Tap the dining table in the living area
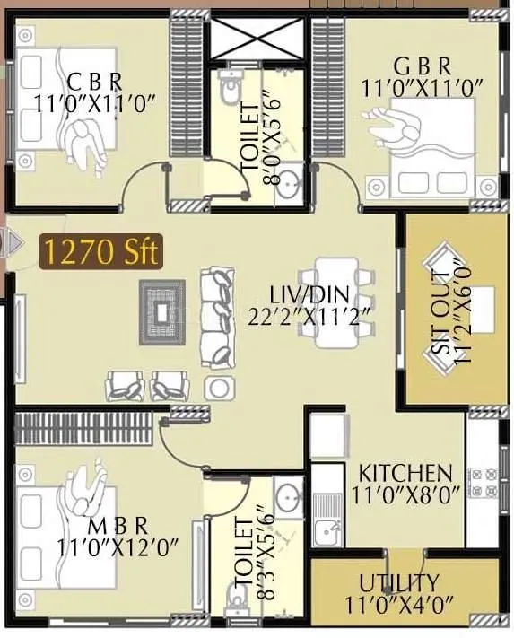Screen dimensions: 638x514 click(x=336, y=302)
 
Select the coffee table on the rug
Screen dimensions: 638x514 click(x=162, y=311)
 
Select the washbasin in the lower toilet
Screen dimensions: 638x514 click(x=288, y=495)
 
